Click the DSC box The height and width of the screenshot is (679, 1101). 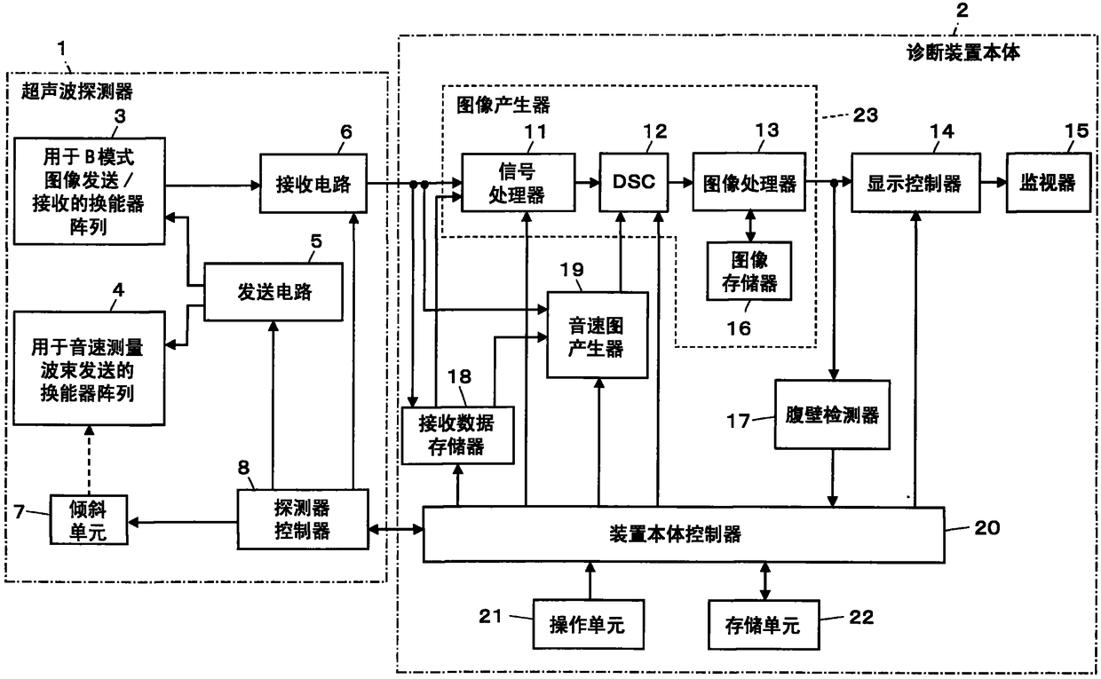[x=634, y=182]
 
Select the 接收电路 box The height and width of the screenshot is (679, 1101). [x=313, y=183]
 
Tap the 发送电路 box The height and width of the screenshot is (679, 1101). [x=273, y=292]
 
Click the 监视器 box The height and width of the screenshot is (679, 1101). [x=1049, y=182]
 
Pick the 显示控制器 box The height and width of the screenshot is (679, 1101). [x=915, y=183]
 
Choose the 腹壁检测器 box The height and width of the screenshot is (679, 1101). [x=832, y=415]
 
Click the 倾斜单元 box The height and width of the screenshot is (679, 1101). [x=89, y=520]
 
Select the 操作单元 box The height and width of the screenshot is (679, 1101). [x=589, y=625]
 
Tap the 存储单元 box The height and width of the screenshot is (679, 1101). [x=764, y=625]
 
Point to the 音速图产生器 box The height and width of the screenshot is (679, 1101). [x=598, y=336]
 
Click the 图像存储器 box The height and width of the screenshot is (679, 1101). [x=749, y=271]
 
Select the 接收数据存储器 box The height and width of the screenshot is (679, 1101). [x=457, y=435]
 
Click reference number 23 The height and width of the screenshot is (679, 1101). [x=866, y=115]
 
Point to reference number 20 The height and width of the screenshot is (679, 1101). [x=987, y=528]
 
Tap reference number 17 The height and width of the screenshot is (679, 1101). [x=738, y=421]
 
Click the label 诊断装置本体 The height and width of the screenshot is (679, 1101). [x=962, y=52]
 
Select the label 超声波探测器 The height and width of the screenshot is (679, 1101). [x=77, y=91]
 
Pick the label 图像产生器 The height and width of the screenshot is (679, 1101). [x=503, y=105]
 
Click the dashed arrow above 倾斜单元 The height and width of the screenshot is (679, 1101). [x=89, y=460]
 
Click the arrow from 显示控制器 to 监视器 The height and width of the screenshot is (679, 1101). [x=994, y=182]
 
